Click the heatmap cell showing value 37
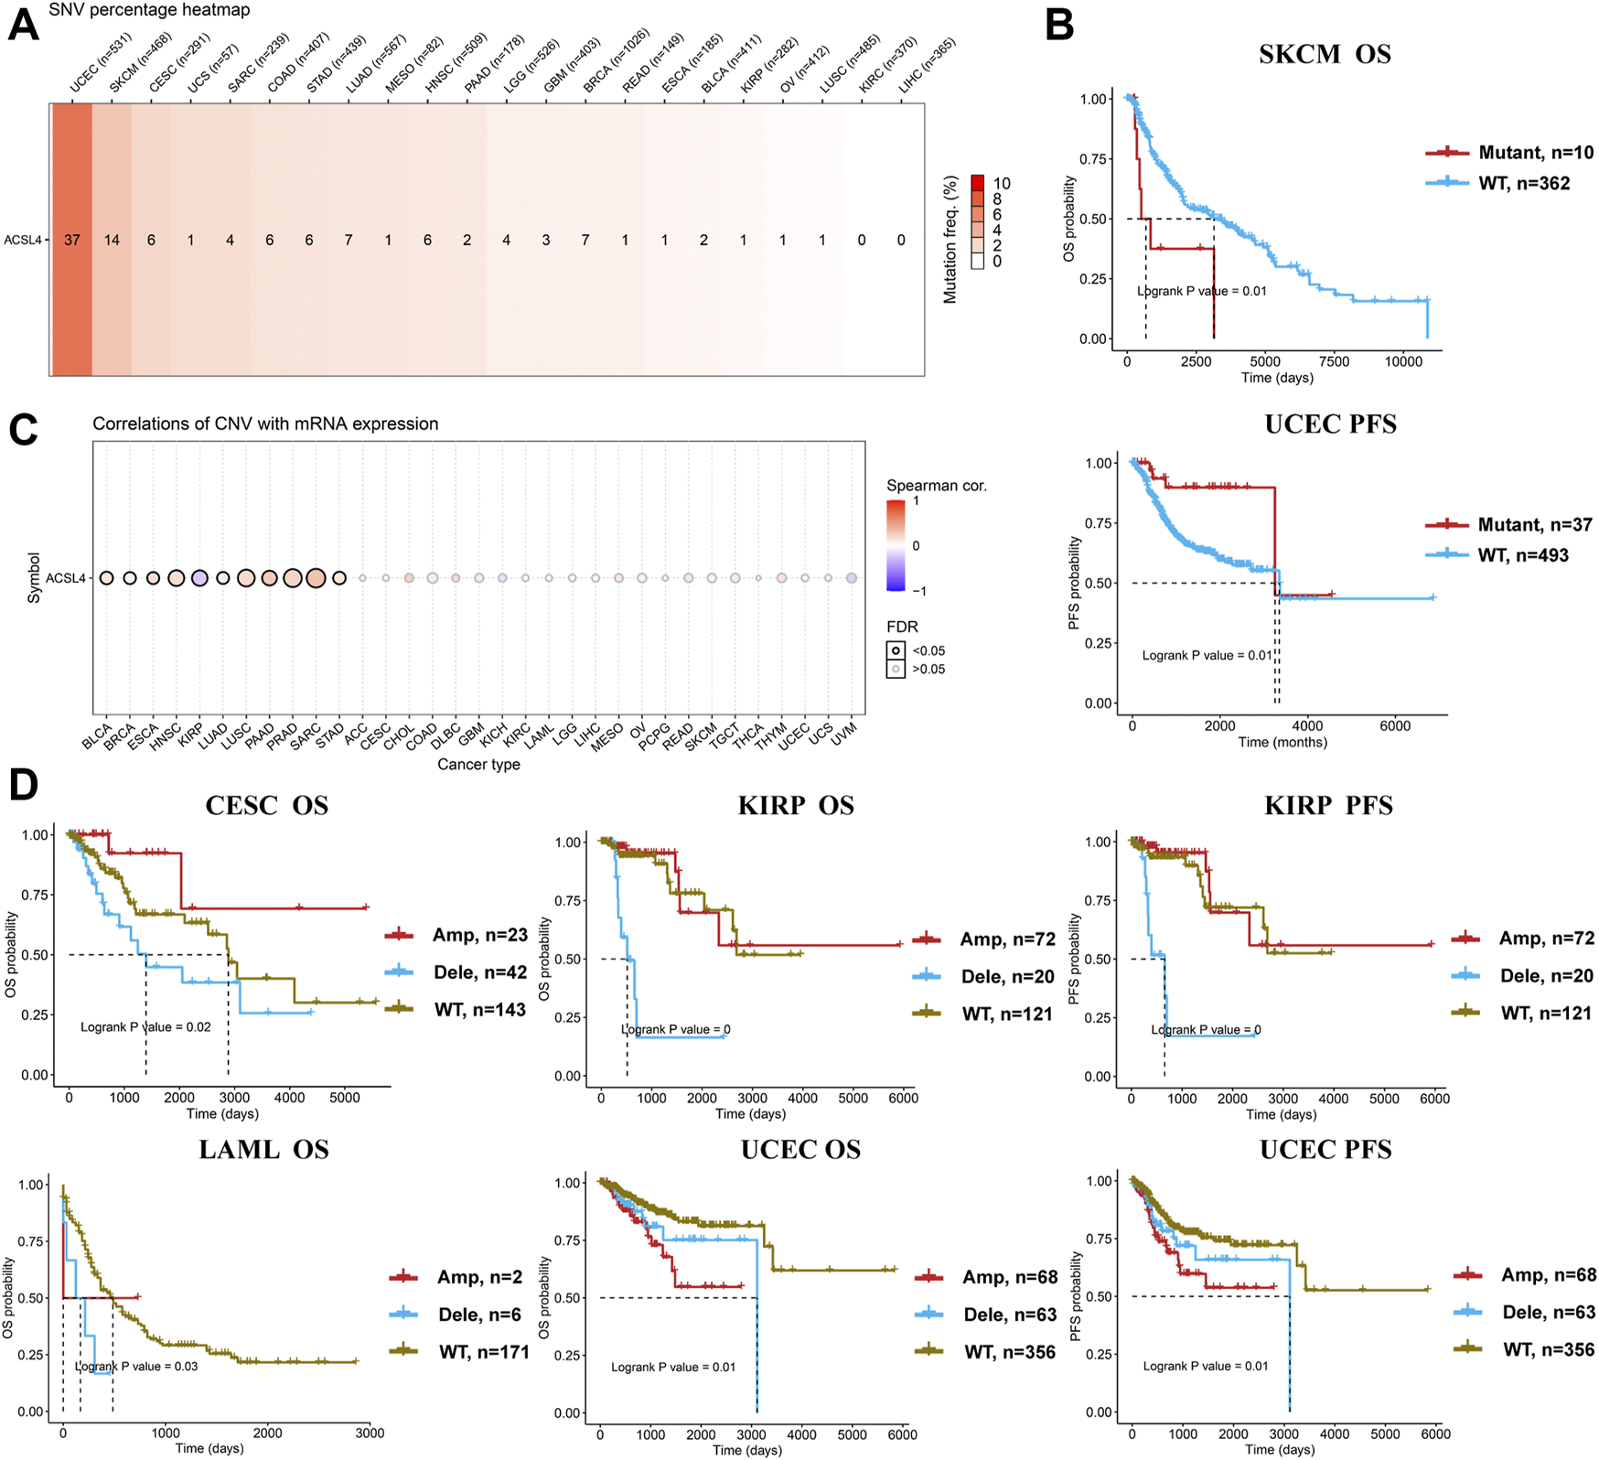pyautogui.click(x=72, y=240)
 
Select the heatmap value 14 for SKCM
pyautogui.click(x=112, y=240)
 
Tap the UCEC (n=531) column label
pyautogui.click(x=101, y=63)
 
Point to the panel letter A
pyautogui.click(x=23, y=26)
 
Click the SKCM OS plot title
pyautogui.click(x=1325, y=54)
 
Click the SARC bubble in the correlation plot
pyautogui.click(x=316, y=578)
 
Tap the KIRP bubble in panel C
pyautogui.click(x=199, y=578)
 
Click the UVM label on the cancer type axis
pyautogui.click(x=842, y=733)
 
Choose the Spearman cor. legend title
pyautogui.click(x=936, y=486)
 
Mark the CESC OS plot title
pyautogui.click(x=266, y=806)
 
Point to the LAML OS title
pyautogui.click(x=263, y=1150)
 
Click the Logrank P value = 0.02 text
pyautogui.click(x=145, y=1027)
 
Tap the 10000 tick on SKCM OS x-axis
pyautogui.click(x=1403, y=361)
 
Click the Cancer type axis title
pyautogui.click(x=478, y=765)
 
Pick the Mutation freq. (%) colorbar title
pyautogui.click(x=951, y=239)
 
